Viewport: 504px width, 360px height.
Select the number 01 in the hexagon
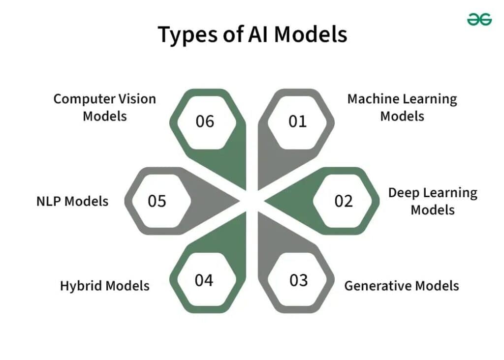[297, 121]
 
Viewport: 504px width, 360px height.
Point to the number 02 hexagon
[344, 201]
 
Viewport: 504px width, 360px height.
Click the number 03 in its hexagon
[298, 280]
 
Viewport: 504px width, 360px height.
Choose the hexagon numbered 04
[204, 280]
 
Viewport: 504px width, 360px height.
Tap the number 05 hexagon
[157, 201]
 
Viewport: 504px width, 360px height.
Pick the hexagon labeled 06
[205, 121]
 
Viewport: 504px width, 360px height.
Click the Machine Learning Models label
[402, 107]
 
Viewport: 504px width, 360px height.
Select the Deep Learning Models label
[433, 201]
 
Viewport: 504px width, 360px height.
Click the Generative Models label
[401, 286]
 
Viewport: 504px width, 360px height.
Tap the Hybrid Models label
[105, 286]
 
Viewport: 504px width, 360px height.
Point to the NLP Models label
[72, 201]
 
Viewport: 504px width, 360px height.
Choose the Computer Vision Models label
[104, 107]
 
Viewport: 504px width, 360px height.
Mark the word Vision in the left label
[136, 99]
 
